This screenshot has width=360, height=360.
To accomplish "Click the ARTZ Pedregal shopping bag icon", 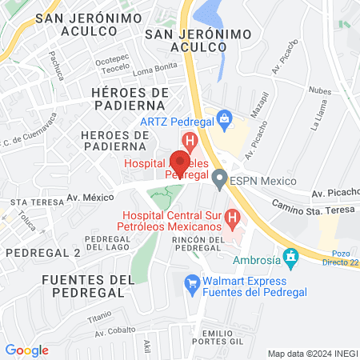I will pos(225,121).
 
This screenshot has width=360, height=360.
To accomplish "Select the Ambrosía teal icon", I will pos(291,258).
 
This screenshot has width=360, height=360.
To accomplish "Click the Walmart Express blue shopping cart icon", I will pos(191,282).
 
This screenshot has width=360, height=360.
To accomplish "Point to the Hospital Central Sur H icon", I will pos(232,217).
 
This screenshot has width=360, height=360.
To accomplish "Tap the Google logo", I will pos(27,350).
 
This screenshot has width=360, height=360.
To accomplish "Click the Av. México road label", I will pos(90,197).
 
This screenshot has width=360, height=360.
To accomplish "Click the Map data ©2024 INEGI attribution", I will pos(311,354).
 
